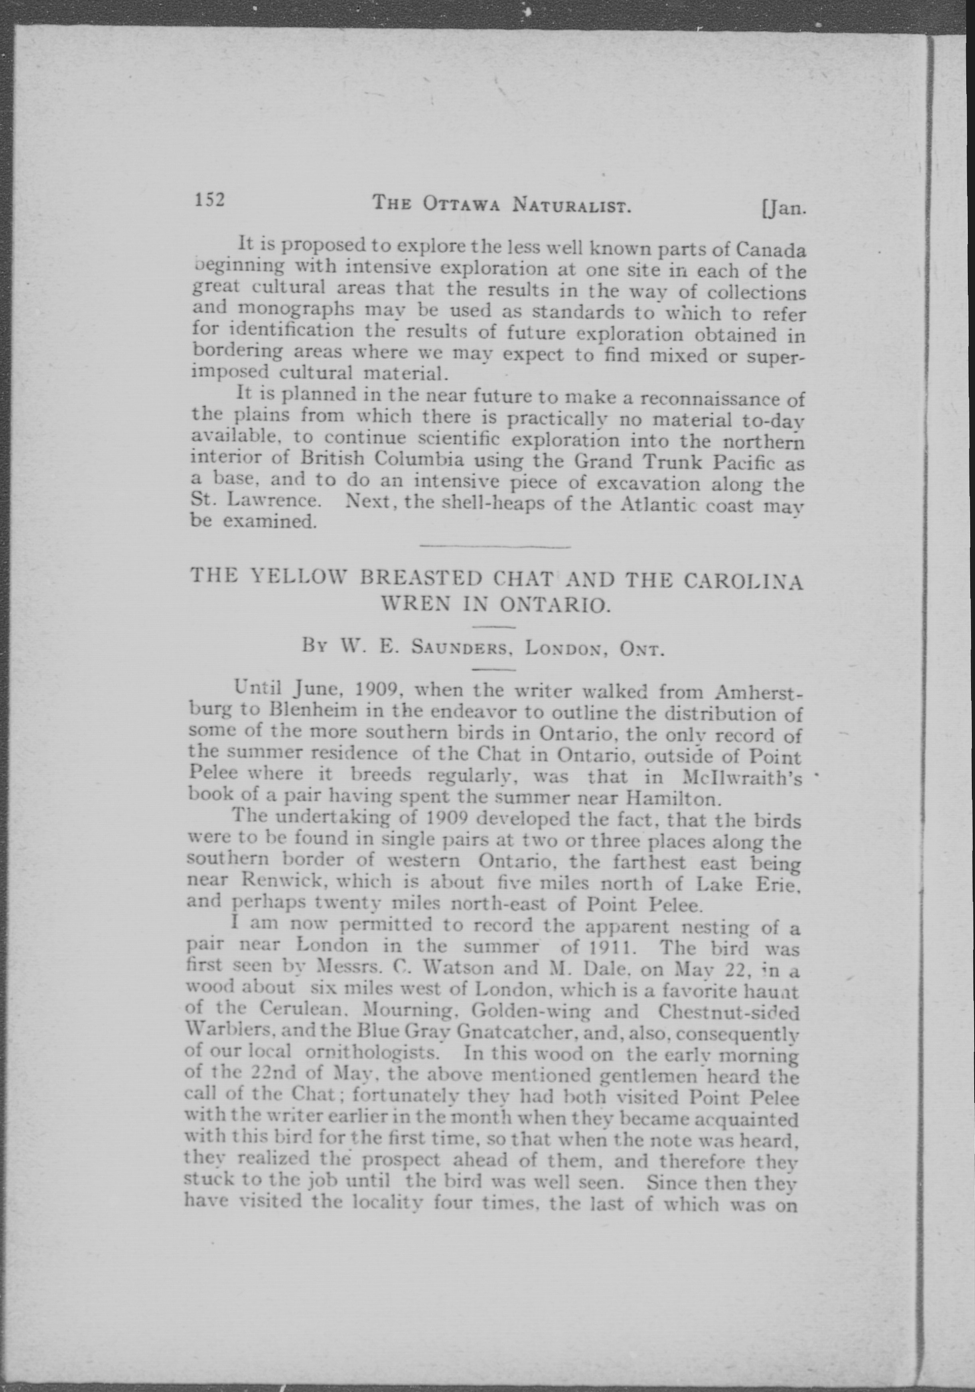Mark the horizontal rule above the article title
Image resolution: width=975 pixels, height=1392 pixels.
pos(494,547)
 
